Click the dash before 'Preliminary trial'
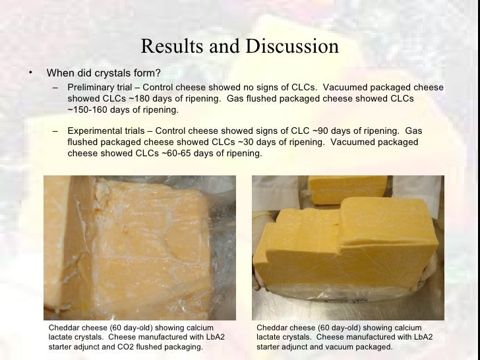pos(55,88)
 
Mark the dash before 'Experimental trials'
pos(55,131)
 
